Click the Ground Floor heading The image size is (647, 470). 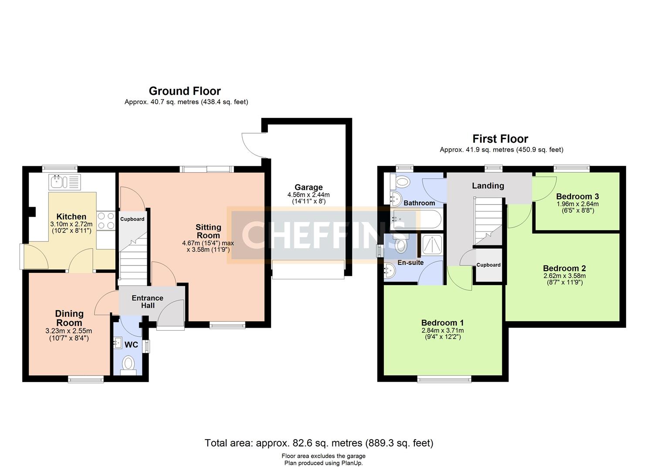pyautogui.click(x=185, y=91)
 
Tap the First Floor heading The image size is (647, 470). pyautogui.click(x=500, y=139)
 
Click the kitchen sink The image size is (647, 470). pyautogui.click(x=64, y=182)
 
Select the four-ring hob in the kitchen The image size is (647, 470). pyautogui.click(x=106, y=221)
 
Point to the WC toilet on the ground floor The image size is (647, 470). pyautogui.click(x=129, y=365)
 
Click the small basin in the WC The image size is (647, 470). pyautogui.click(x=118, y=343)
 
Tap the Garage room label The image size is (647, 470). pyautogui.click(x=308, y=187)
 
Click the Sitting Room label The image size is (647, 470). pyautogui.click(x=208, y=231)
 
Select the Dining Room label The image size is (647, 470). pyautogui.click(x=69, y=318)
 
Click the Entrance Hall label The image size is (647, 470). pyautogui.click(x=148, y=302)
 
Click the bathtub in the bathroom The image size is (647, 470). pyautogui.click(x=416, y=220)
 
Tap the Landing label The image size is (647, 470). pyautogui.click(x=488, y=186)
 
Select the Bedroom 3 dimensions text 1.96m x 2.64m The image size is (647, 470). pyautogui.click(x=578, y=204)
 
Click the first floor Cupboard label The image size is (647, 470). pyautogui.click(x=488, y=265)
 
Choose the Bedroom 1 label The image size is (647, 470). pyautogui.click(x=443, y=322)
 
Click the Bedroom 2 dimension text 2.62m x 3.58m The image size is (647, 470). pyautogui.click(x=565, y=276)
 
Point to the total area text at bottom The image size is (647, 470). pyautogui.click(x=319, y=443)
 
